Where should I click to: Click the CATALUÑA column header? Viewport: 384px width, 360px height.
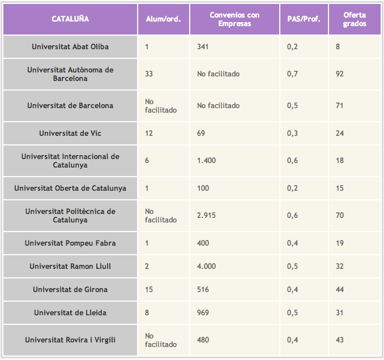(70, 19)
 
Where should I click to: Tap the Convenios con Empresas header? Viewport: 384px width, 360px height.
(234, 19)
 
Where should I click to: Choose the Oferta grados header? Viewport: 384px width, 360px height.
(355, 19)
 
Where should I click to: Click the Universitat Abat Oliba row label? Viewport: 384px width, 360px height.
(70, 46)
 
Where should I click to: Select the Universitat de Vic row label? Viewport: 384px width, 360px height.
(70, 133)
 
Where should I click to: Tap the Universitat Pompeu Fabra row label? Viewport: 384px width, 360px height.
(70, 243)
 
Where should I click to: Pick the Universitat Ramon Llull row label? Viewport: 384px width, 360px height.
(70, 266)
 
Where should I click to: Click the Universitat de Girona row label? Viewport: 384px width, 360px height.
(70, 289)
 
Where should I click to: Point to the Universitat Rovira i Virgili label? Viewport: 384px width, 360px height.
(70, 340)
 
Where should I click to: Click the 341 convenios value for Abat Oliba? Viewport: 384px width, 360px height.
(203, 46)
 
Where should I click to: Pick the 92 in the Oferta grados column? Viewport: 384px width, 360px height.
(340, 74)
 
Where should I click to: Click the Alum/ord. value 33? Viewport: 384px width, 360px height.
(149, 74)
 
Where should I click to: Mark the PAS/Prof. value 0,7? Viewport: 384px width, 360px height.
(292, 74)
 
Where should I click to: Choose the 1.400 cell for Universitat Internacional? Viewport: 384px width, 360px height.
(206, 160)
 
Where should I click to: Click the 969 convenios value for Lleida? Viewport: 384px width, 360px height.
(203, 312)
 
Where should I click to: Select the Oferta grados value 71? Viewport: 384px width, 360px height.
(340, 105)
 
